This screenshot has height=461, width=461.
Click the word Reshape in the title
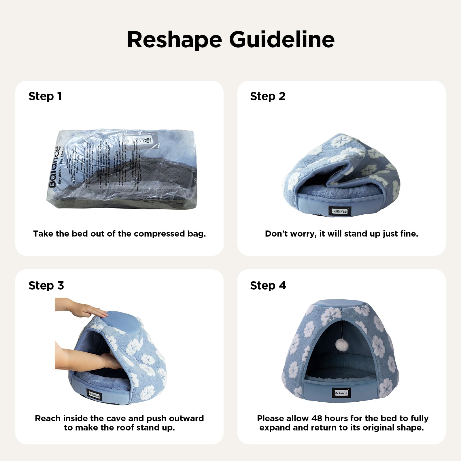pyautogui.click(x=175, y=40)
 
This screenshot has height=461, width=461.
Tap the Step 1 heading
pyautogui.click(x=45, y=96)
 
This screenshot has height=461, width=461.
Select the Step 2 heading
pyautogui.click(x=268, y=96)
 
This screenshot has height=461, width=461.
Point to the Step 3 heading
pyautogui.click(x=46, y=286)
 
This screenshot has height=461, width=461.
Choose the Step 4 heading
pyautogui.click(x=268, y=286)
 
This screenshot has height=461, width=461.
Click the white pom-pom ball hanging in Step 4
pyautogui.click(x=342, y=345)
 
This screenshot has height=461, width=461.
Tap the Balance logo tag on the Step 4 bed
pyautogui.click(x=341, y=393)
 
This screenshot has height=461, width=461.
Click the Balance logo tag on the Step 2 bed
pyautogui.click(x=339, y=211)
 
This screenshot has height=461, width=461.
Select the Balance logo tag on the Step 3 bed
pyautogui.click(x=94, y=395)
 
